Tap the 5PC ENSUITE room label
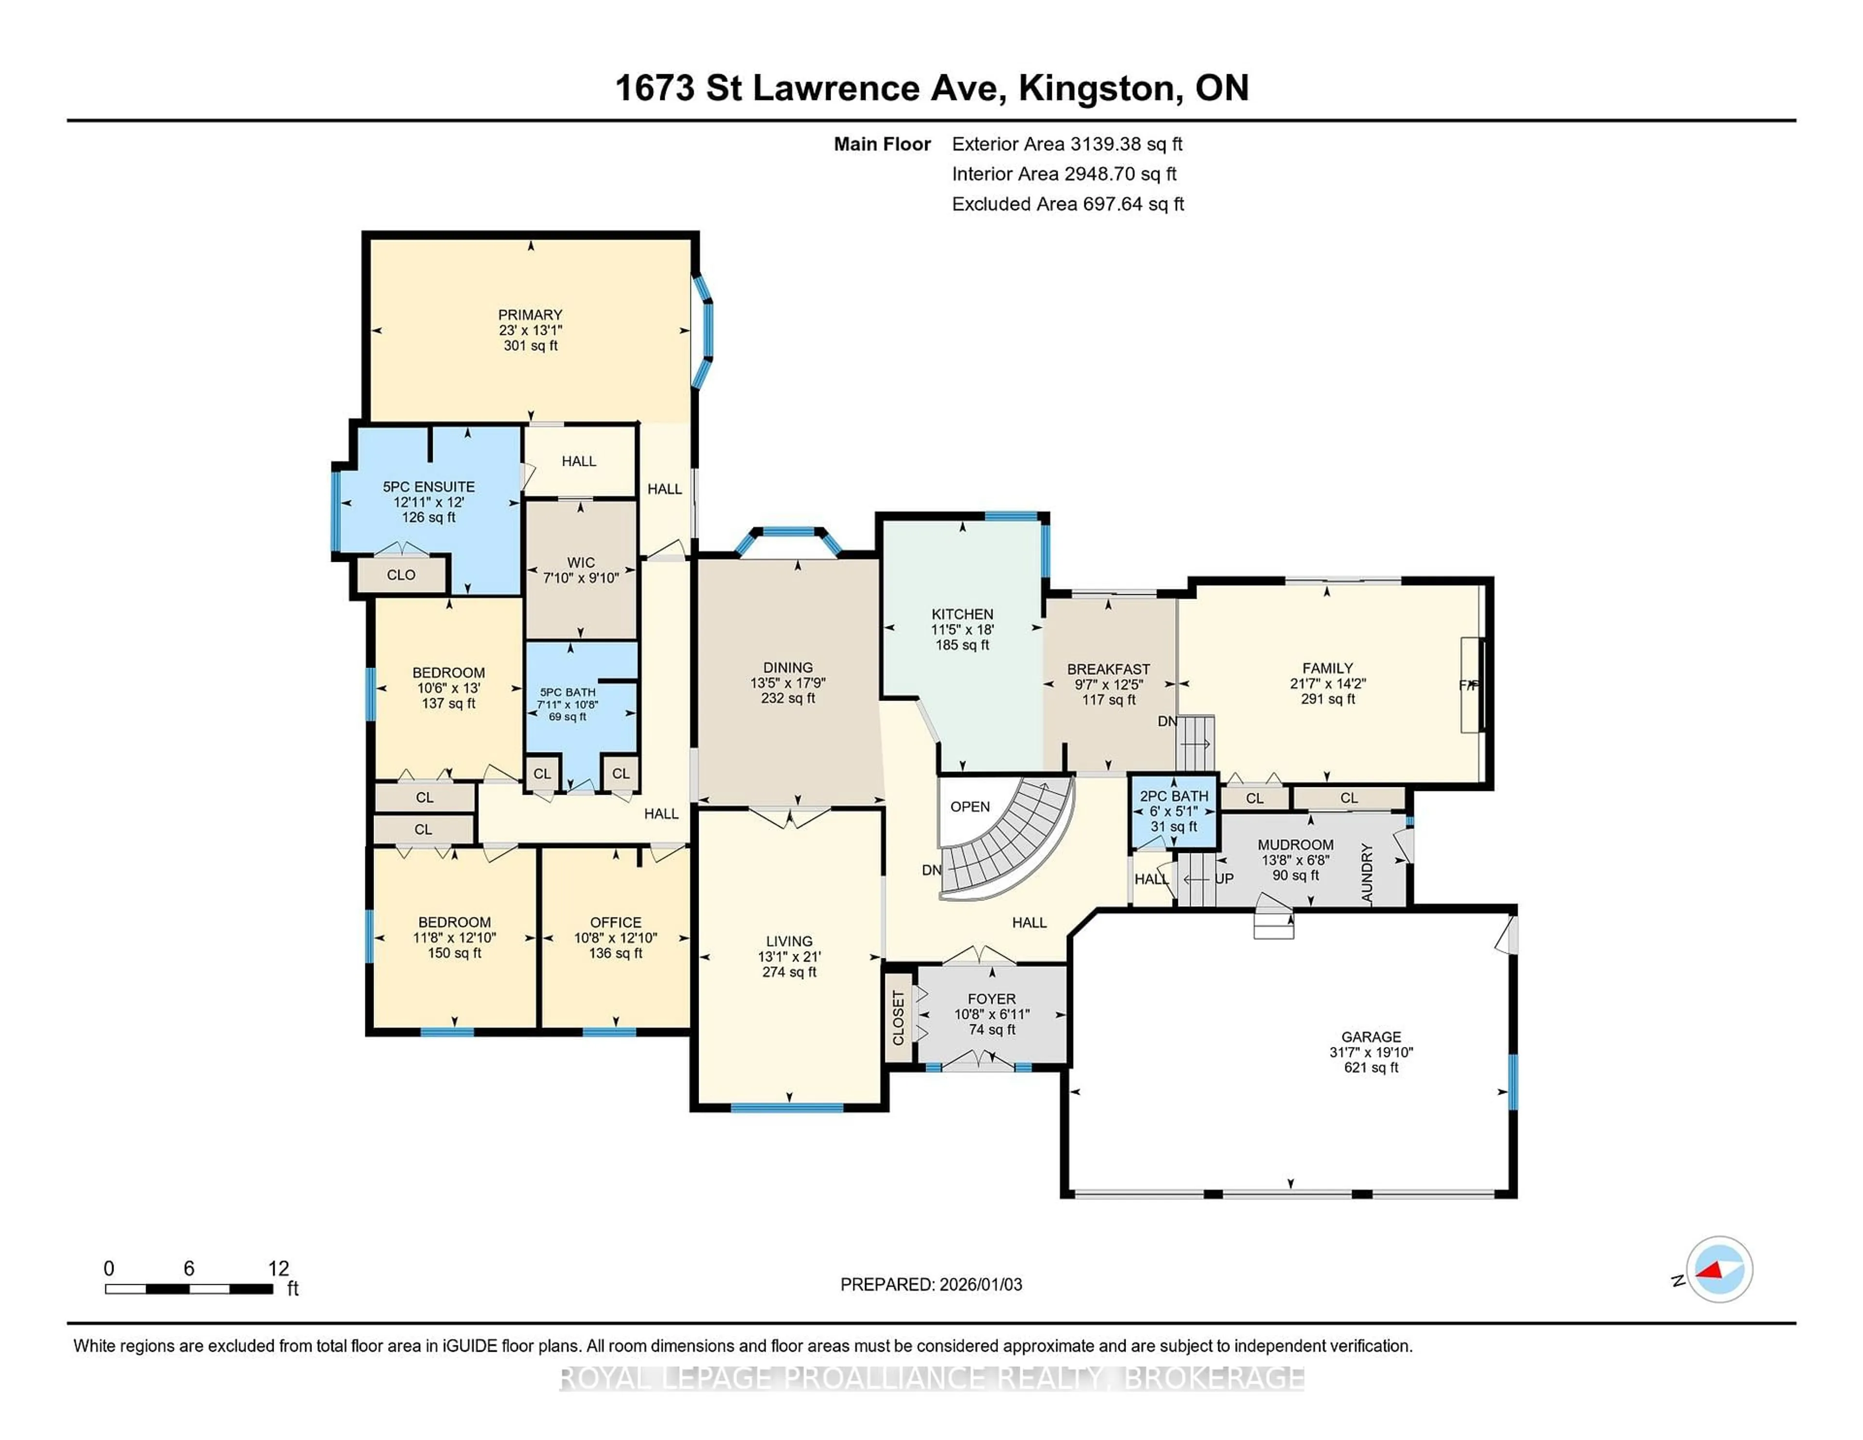[x=428, y=486]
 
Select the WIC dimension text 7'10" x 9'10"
[x=581, y=577]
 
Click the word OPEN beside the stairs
[x=970, y=806]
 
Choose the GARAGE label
[x=1370, y=1036]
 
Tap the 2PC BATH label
[x=1173, y=796]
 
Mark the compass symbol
[x=1719, y=1269]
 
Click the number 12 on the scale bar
[x=278, y=1269]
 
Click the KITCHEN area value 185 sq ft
[x=962, y=645]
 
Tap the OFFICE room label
[x=615, y=922]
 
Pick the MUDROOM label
[x=1295, y=845]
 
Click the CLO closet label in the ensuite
[x=401, y=575]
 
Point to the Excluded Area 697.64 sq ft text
[x=1067, y=204]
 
